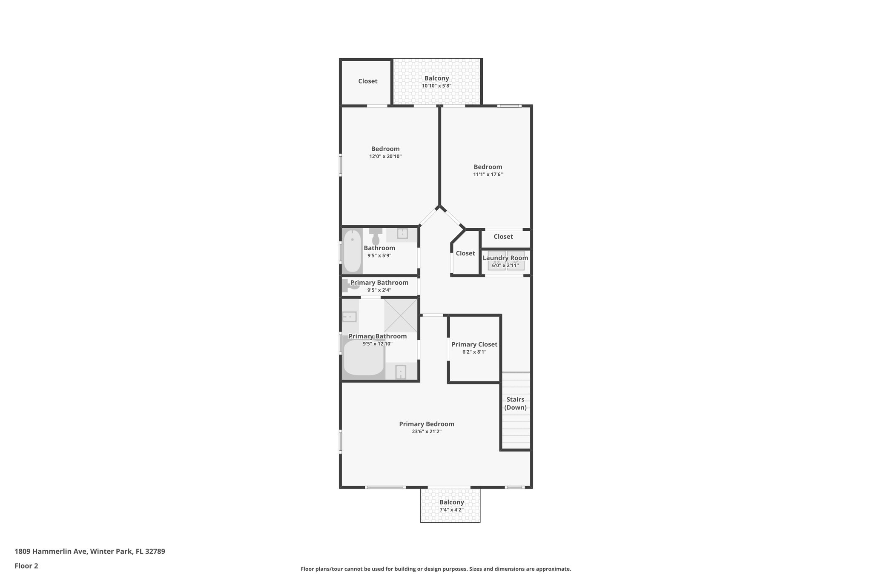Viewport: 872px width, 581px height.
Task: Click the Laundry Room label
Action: coord(505,258)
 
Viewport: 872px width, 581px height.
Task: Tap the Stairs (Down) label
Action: coord(515,404)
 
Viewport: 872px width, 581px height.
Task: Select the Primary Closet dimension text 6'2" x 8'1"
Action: coord(474,352)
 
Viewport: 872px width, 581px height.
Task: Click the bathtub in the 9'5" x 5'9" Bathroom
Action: coord(352,251)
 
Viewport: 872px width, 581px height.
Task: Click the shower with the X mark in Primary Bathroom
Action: coord(401,315)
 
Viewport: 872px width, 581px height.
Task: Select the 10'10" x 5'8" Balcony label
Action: coord(436,78)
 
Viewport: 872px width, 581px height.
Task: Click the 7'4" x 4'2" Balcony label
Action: coord(451,502)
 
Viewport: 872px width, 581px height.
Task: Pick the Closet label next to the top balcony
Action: coord(367,81)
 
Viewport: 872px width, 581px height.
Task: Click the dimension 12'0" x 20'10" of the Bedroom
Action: coord(385,157)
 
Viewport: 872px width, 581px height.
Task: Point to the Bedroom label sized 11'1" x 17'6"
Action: coord(488,167)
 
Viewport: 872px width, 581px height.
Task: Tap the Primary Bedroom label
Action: coord(427,424)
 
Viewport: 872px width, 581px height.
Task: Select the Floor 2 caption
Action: coord(26,566)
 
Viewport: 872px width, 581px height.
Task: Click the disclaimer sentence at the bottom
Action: coord(436,569)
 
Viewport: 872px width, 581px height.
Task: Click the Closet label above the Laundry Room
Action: coord(503,237)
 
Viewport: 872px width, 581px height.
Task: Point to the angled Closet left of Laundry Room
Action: coord(465,254)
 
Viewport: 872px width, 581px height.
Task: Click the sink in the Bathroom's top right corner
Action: coord(402,234)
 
